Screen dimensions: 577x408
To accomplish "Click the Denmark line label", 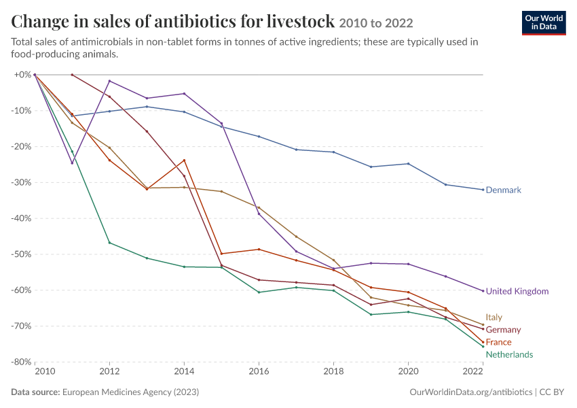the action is point(504,190).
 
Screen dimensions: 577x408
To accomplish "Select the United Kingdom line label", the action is point(517,291).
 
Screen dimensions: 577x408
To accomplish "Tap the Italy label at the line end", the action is point(494,318).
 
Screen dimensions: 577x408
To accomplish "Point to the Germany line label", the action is point(503,330).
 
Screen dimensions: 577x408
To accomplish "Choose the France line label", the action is point(498,342).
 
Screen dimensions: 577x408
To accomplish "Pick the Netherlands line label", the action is point(509,354).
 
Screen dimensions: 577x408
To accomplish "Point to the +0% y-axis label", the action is point(22,75).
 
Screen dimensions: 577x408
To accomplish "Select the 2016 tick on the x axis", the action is point(259,371).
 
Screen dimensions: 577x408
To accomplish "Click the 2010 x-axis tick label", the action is point(45,371).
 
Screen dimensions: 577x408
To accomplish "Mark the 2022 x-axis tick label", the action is point(473,371).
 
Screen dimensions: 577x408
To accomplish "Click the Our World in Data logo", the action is point(544,23).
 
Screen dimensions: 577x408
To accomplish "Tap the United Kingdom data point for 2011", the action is point(72,163).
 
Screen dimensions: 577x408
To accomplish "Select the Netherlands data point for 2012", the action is point(109,243).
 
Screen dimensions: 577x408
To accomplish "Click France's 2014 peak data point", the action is point(185,160).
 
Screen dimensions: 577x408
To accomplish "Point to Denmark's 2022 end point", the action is point(483,190).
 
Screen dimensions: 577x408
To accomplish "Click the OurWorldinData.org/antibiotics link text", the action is point(470,392).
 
